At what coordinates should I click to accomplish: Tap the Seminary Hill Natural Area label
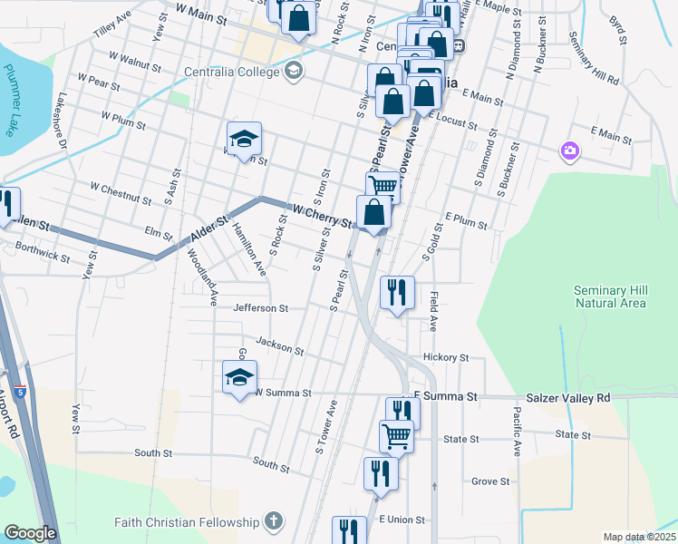tap(611, 296)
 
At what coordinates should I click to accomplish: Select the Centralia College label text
tap(234, 72)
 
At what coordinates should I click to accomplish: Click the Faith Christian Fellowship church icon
tap(274, 521)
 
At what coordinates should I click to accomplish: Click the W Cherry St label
tap(322, 216)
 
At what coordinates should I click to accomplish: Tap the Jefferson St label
tap(260, 308)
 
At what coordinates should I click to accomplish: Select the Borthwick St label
tap(43, 252)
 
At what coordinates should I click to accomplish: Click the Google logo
tap(31, 533)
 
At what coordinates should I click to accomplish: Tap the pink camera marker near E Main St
tap(569, 150)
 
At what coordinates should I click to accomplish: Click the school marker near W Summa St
tap(240, 378)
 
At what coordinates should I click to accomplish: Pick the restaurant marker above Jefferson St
tap(397, 292)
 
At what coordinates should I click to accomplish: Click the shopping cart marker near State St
tap(396, 435)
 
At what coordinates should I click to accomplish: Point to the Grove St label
tap(491, 481)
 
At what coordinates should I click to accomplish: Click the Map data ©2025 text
tap(638, 537)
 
